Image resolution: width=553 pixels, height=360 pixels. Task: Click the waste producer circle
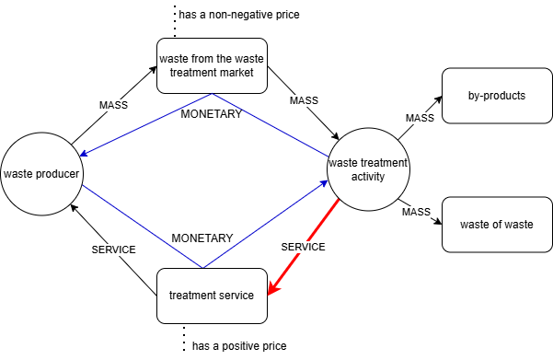(x=41, y=173)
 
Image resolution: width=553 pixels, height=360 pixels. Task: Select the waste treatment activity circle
(x=368, y=170)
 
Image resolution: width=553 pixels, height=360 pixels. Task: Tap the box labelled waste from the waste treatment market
(x=212, y=65)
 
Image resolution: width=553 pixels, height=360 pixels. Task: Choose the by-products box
(x=497, y=96)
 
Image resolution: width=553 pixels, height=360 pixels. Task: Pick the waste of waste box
(x=497, y=225)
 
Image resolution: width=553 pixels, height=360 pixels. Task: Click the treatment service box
(x=212, y=296)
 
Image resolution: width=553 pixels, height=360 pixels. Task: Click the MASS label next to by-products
(x=420, y=118)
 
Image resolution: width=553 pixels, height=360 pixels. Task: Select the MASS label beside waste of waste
(x=416, y=213)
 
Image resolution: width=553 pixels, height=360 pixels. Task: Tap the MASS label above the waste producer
(x=113, y=105)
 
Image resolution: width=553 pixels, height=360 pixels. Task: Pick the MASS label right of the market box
(x=304, y=99)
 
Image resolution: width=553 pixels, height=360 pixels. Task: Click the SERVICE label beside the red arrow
(x=303, y=247)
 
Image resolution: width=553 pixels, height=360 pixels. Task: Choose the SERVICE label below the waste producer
(x=113, y=250)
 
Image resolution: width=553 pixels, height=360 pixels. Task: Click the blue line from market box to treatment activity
(x=271, y=125)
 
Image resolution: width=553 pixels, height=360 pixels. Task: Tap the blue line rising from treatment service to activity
(x=267, y=225)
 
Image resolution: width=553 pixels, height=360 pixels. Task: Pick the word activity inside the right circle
(x=368, y=177)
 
